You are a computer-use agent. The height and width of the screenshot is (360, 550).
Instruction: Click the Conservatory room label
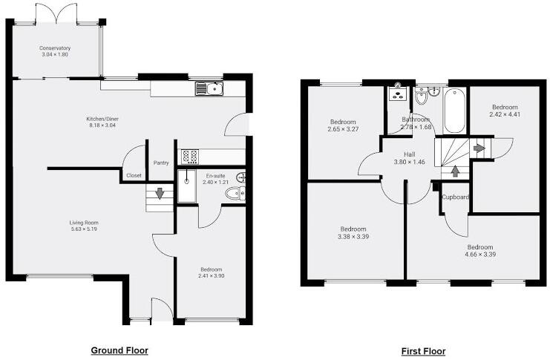pyautogui.click(x=55, y=49)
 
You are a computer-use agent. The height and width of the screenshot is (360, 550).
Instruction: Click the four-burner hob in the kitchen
pyautogui.click(x=190, y=157)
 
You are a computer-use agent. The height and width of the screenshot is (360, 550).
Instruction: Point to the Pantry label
pyautogui.click(x=161, y=163)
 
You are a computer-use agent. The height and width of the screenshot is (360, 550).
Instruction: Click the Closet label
pyautogui.click(x=134, y=175)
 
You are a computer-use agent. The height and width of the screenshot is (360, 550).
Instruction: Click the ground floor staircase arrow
pyautogui.click(x=158, y=195)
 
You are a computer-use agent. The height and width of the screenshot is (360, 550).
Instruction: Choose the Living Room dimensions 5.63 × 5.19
pyautogui.click(x=84, y=229)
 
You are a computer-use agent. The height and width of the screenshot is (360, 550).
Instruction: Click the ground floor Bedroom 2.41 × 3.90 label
pyautogui.click(x=211, y=269)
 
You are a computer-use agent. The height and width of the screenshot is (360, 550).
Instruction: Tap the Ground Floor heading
pyautogui.click(x=120, y=350)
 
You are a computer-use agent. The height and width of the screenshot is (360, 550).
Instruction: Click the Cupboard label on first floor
pyautogui.click(x=455, y=197)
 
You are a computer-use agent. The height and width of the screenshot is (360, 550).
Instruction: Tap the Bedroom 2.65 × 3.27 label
pyautogui.click(x=343, y=122)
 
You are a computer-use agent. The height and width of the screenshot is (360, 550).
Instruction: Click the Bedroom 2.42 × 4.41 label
pyautogui.click(x=504, y=108)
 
